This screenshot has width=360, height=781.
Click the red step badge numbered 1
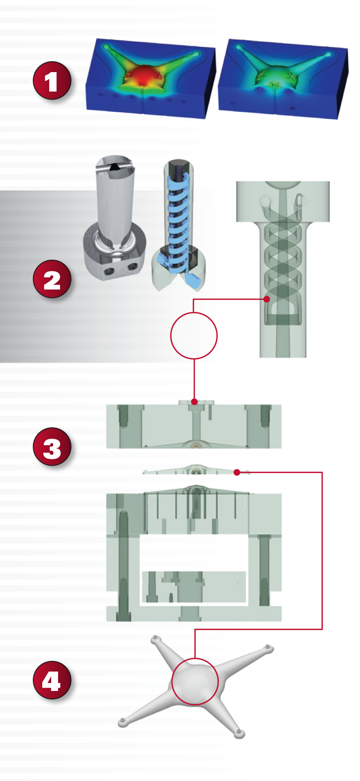click(52, 81)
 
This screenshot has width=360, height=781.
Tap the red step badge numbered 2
click(52, 280)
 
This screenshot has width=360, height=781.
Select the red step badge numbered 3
click(52, 447)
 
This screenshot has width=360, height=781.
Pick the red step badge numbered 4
click(52, 680)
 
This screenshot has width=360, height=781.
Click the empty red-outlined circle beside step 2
click(194, 335)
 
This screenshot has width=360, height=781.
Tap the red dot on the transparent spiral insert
click(267, 299)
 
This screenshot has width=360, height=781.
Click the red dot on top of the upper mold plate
click(194, 401)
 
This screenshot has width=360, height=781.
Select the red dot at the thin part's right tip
click(237, 472)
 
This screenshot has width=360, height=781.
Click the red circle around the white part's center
click(195, 682)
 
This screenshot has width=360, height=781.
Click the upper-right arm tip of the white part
click(268, 648)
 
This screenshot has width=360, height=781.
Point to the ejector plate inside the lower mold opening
click(194, 587)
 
